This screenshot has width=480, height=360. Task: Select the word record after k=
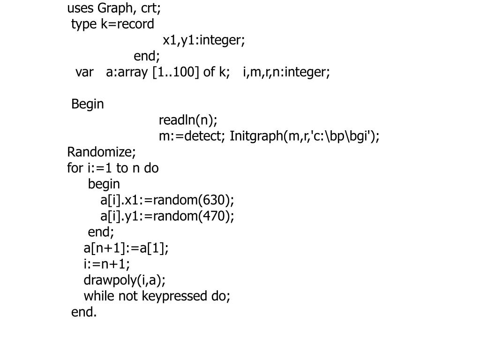135,24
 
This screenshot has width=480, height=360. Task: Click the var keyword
84,72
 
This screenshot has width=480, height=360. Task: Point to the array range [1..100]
176,72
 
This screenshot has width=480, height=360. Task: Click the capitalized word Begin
88,104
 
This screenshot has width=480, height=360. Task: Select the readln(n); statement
188,120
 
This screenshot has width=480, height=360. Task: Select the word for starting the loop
75,168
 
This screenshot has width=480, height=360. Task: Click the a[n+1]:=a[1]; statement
126,248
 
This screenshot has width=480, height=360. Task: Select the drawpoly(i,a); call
125,280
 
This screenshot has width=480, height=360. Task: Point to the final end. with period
84,312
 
